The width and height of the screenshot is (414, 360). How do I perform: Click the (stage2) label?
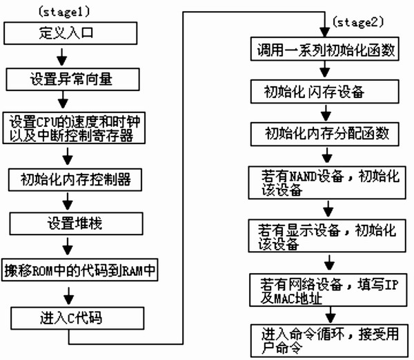355,21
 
